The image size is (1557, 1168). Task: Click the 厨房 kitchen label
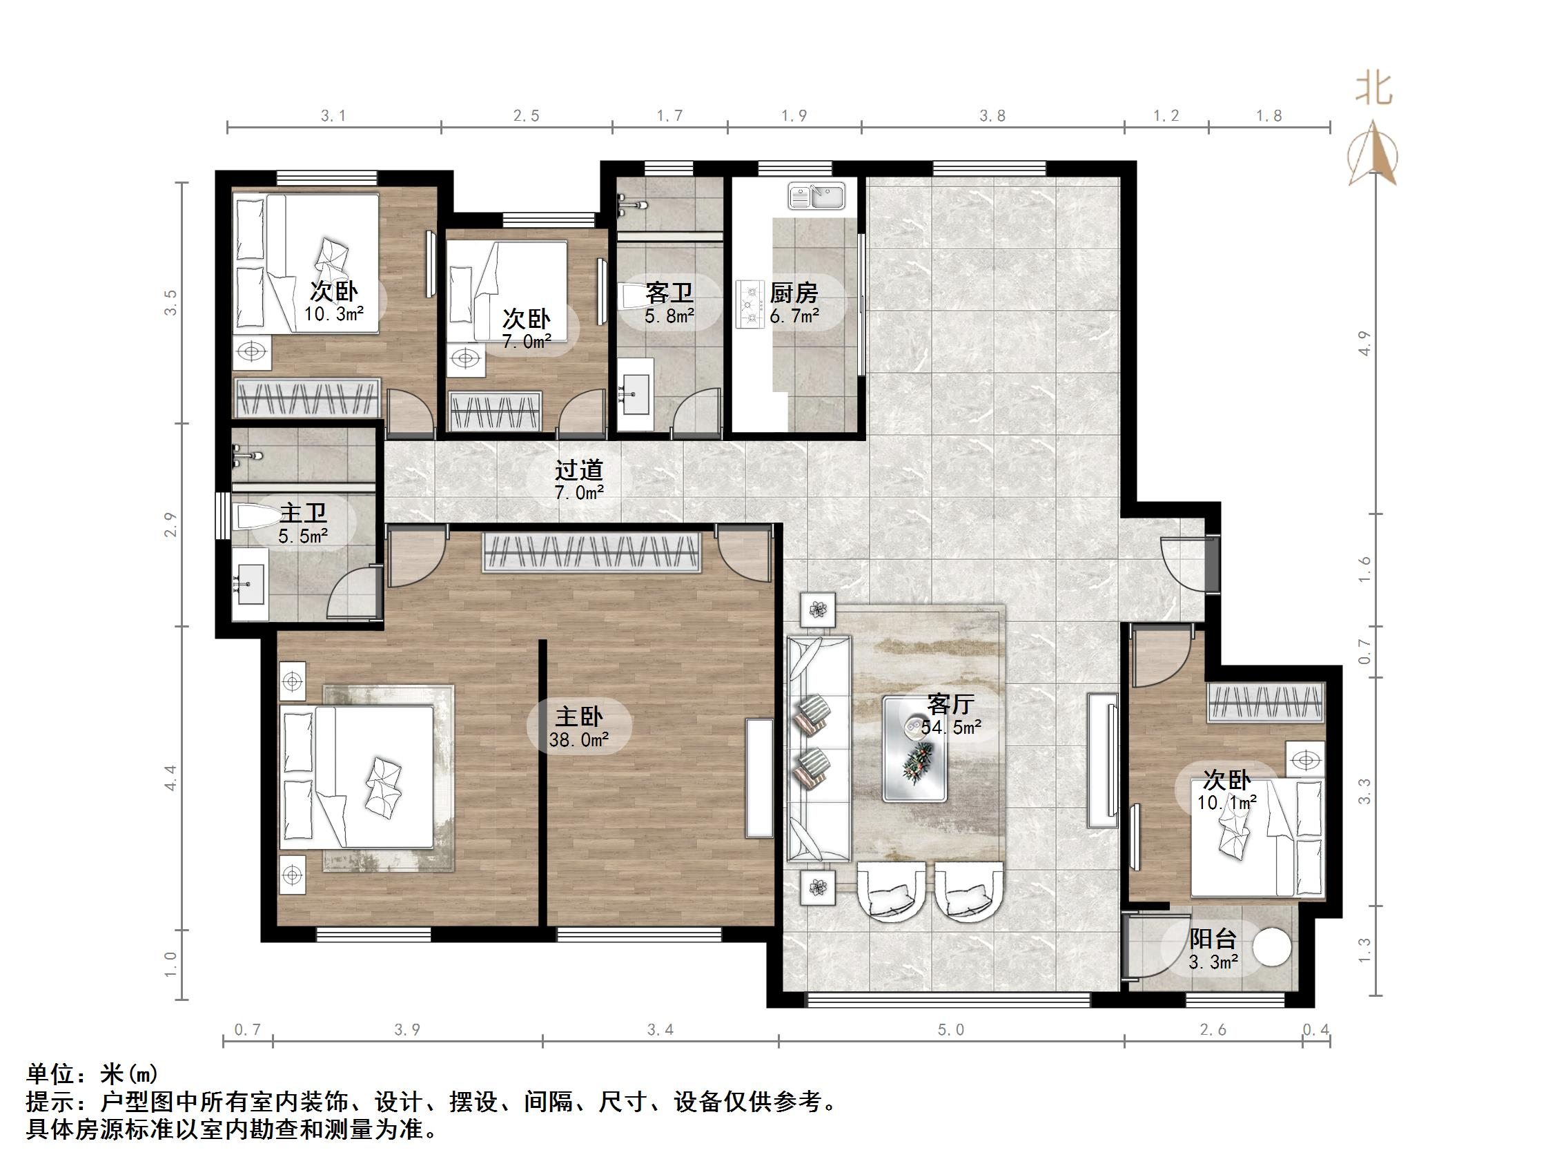793,292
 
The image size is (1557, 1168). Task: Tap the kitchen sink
816,196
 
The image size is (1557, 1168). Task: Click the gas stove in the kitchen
750,304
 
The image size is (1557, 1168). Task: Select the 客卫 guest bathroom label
669,292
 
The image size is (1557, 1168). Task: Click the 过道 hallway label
578,469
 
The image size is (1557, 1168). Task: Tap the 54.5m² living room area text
951,728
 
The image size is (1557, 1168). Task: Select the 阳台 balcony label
1212,939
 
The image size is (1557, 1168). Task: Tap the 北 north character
1373,90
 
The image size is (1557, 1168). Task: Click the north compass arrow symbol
1373,153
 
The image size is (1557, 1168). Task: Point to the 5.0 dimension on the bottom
950,1030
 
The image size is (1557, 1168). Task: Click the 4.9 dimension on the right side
1365,343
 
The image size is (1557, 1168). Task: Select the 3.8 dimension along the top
992,115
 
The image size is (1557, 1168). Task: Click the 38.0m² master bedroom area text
578,740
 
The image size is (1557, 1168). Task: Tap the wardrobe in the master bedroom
593,552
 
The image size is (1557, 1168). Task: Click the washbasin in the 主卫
250,583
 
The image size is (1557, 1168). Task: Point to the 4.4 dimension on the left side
171,778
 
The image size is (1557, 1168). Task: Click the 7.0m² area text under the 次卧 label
527,342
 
